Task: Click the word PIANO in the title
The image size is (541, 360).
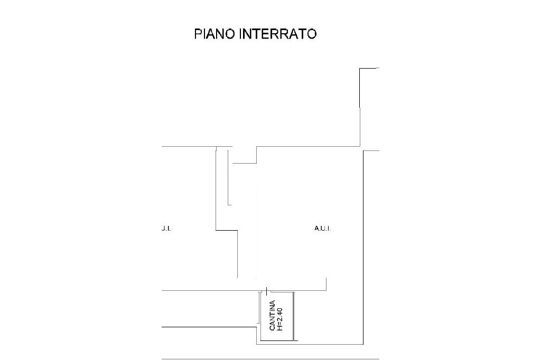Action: tap(216, 34)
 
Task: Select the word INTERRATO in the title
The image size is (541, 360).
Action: tap(278, 34)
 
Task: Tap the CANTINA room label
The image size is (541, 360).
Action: tap(272, 316)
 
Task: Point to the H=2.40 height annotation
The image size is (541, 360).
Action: tap(280, 319)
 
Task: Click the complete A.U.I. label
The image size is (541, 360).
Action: tap(323, 228)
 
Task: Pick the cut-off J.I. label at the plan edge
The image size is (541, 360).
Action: tap(166, 228)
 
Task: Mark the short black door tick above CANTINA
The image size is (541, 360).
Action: tap(267, 291)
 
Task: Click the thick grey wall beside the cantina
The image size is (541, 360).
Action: tap(294, 316)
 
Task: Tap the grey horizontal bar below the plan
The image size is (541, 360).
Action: tap(270, 359)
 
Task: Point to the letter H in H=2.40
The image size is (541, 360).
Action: tap(280, 328)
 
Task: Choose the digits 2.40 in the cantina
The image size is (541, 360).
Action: tap(280, 314)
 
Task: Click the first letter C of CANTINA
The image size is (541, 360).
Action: tap(272, 328)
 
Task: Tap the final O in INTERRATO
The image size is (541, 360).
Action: tap(312, 34)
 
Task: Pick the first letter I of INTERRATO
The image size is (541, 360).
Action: tap(241, 34)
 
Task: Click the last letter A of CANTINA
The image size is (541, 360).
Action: tap(272, 302)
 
